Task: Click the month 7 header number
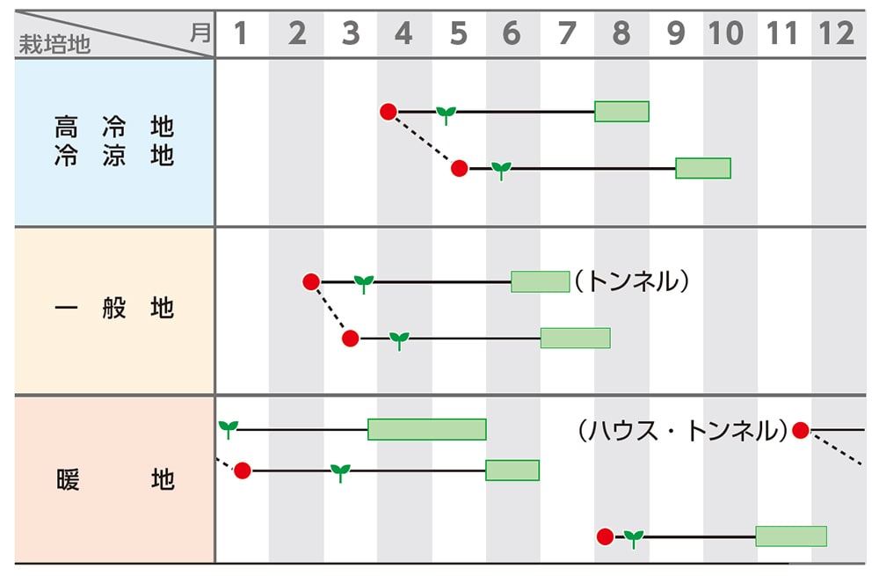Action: pyautogui.click(x=567, y=33)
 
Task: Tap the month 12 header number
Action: pyautogui.click(x=836, y=33)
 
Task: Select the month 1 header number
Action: pyautogui.click(x=242, y=33)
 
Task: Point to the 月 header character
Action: pyautogui.click(x=200, y=33)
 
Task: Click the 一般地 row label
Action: pyautogui.click(x=114, y=309)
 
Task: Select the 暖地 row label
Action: pyautogui.click(x=114, y=479)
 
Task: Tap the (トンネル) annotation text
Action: pyautogui.click(x=630, y=281)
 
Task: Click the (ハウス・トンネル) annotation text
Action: pyautogui.click(x=682, y=430)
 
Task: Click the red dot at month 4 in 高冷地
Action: pyautogui.click(x=389, y=112)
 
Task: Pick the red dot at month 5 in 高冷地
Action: pyautogui.click(x=459, y=168)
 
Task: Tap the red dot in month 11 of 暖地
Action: pyautogui.click(x=800, y=430)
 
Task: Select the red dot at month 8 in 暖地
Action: pyautogui.click(x=605, y=536)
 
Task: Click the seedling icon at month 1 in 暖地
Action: pyautogui.click(x=229, y=428)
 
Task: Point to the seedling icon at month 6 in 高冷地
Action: pyautogui.click(x=501, y=169)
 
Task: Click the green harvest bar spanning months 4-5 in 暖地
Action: pyautogui.click(x=427, y=429)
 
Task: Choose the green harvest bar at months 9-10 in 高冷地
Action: pyautogui.click(x=703, y=168)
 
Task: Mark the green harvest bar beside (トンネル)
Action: pyautogui.click(x=541, y=281)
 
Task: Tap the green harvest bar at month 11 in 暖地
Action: pyautogui.click(x=791, y=536)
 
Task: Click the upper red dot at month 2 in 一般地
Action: pyautogui.click(x=310, y=281)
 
